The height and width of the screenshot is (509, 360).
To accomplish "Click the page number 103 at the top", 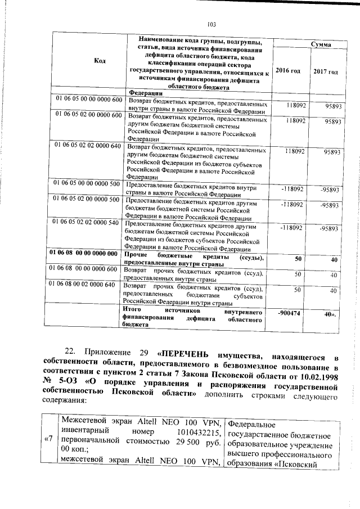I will click(211, 24).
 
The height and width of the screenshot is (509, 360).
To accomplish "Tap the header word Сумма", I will click(321, 43).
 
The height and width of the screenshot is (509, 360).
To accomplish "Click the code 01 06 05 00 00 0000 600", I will click(88, 100).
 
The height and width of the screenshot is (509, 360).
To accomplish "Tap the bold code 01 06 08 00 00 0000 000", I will click(87, 253).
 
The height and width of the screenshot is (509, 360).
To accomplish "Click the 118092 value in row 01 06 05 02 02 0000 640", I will click(295, 151).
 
